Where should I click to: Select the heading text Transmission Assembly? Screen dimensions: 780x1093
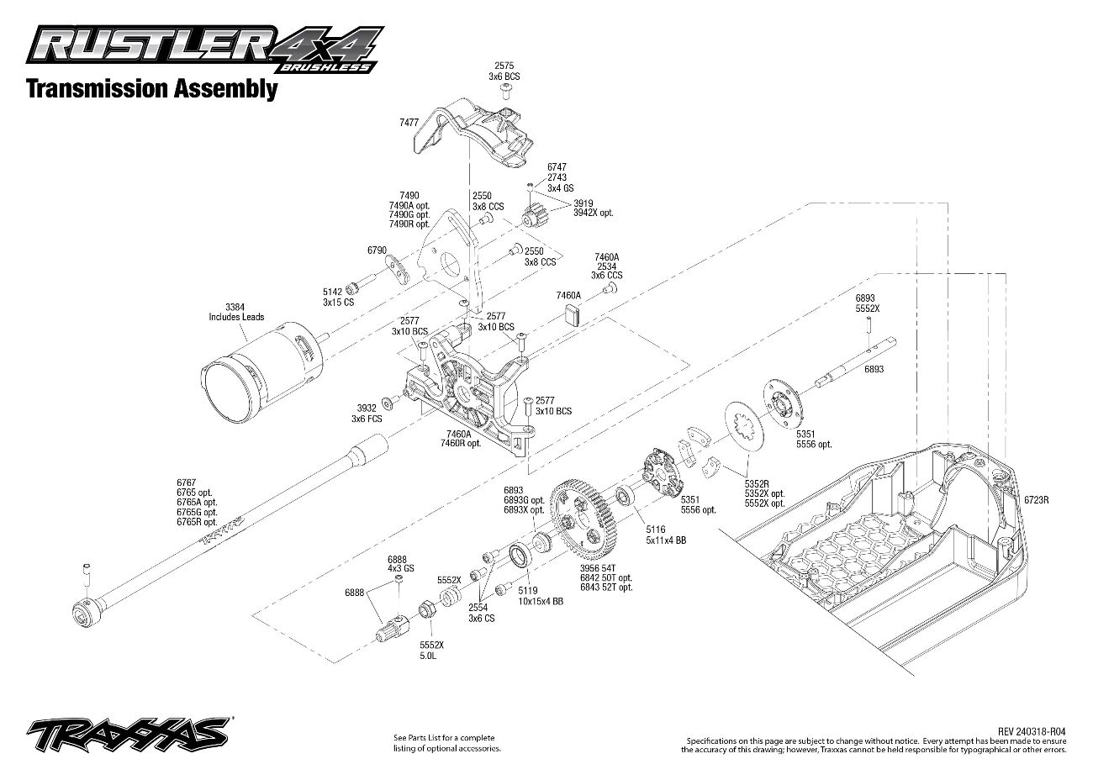tap(151, 88)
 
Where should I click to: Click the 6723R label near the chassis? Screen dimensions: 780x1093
tap(1037, 499)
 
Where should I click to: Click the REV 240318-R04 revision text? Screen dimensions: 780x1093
tap(1032, 731)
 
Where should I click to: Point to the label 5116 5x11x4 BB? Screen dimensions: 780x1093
tap(665, 535)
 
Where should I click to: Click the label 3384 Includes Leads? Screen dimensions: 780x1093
tap(236, 312)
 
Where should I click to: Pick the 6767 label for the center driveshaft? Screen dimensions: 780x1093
tap(185, 482)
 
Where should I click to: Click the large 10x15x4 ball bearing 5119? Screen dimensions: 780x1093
tap(520, 556)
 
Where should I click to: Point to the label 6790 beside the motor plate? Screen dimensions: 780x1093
tap(377, 250)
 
